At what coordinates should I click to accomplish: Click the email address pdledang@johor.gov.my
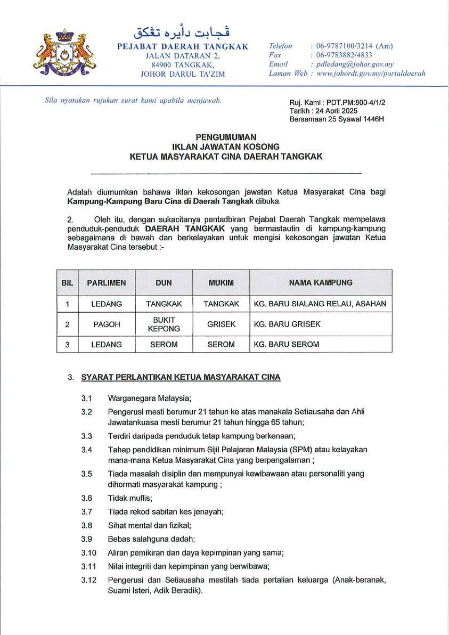[355, 64]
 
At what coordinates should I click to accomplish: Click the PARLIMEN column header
[107, 283]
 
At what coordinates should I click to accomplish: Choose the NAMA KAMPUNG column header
[321, 283]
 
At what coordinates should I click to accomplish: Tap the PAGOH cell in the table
[107, 324]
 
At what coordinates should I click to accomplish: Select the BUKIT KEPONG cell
[164, 324]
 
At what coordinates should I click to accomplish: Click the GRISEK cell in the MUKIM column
[221, 324]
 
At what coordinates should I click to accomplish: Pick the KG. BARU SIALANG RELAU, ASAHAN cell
[320, 304]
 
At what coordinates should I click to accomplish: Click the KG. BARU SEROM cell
[287, 344]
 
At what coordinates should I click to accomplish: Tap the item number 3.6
[87, 498]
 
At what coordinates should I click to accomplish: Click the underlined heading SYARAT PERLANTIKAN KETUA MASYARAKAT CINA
[181, 377]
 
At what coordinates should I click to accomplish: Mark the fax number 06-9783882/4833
[344, 55]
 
